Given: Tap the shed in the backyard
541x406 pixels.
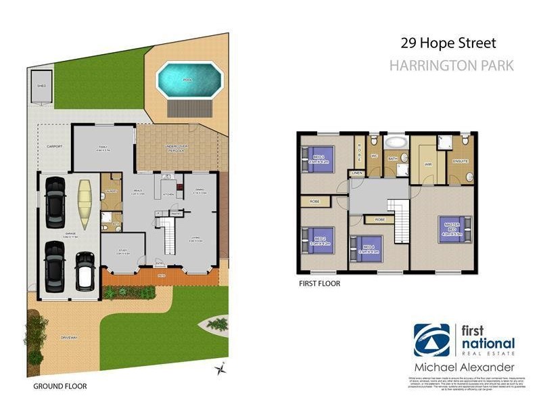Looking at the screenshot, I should pyautogui.click(x=41, y=86).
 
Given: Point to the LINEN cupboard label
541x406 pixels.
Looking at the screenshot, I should pyautogui.click(x=356, y=173).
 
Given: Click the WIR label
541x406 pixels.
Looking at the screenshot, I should pyautogui.click(x=427, y=163).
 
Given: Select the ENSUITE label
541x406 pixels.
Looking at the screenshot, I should pyautogui.click(x=461, y=160).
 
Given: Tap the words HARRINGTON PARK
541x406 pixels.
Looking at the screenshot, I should pyautogui.click(x=451, y=66).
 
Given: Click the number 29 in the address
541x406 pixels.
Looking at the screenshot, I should pyautogui.click(x=408, y=43).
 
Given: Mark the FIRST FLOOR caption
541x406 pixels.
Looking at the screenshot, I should pyautogui.click(x=319, y=284).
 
